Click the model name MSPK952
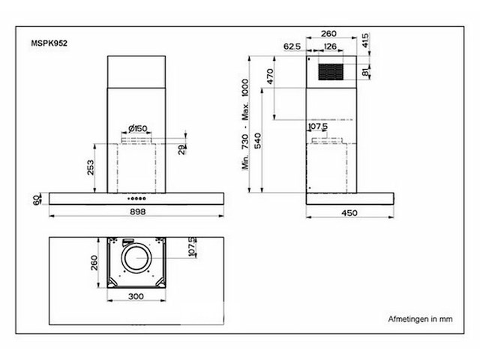(49, 43)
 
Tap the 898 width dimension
(137, 211)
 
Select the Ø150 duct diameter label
(137, 128)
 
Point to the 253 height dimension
(91, 167)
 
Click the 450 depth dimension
(349, 213)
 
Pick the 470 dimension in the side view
(270, 76)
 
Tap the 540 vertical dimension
(258, 141)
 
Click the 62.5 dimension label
(292, 46)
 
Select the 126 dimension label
(330, 46)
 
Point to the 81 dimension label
(365, 73)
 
